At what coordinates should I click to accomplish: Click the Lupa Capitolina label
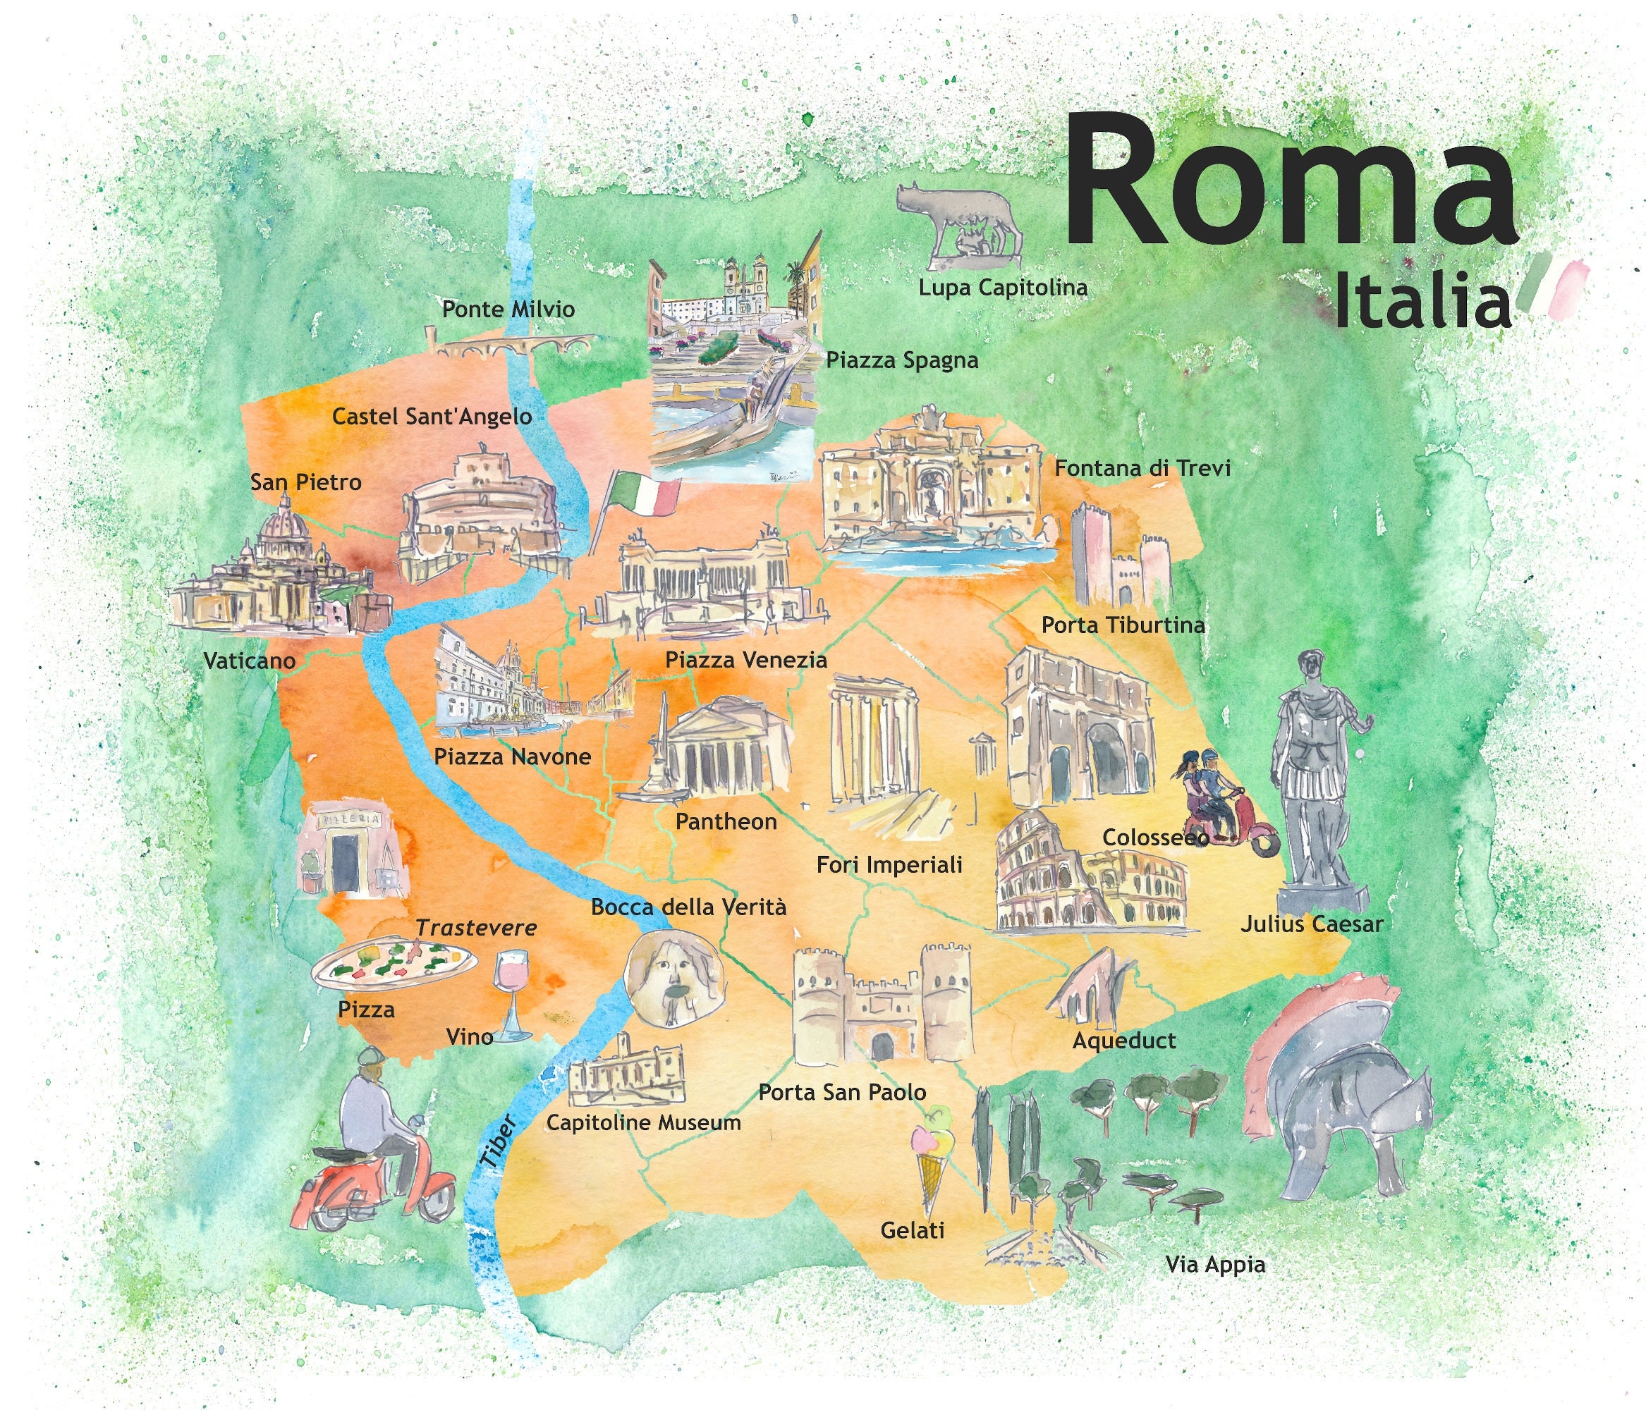pyautogui.click(x=1003, y=288)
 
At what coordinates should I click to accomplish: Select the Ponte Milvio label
pyautogui.click(x=508, y=309)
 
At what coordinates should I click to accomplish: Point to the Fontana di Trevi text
pyautogui.click(x=1142, y=468)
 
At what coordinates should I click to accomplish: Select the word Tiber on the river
pyautogui.click(x=499, y=1142)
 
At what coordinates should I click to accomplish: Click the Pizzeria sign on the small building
pyautogui.click(x=350, y=819)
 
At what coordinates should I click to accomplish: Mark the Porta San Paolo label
pyautogui.click(x=842, y=1092)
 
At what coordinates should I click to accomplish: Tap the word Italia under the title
pyautogui.click(x=1421, y=302)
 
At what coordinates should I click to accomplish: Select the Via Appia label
pyautogui.click(x=1214, y=1264)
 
